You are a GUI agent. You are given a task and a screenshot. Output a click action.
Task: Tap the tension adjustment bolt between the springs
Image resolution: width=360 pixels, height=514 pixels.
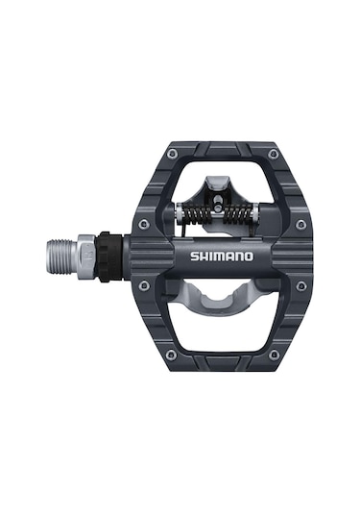point(220,211)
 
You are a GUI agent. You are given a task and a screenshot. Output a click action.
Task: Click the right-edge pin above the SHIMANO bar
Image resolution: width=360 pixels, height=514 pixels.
point(300,224)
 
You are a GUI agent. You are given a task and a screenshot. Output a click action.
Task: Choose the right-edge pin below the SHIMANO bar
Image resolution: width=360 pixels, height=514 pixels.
point(300,286)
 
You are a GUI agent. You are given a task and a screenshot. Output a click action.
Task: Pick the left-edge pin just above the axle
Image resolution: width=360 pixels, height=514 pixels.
point(143,224)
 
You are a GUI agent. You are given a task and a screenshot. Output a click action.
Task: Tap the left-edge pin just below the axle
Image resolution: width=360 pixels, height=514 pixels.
point(143,286)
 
